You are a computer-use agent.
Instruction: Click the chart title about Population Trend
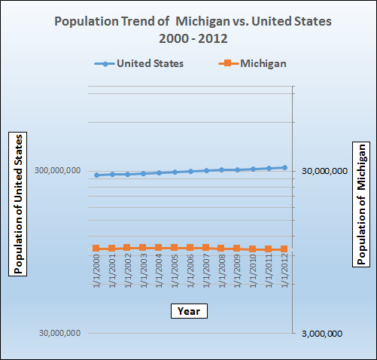(188, 28)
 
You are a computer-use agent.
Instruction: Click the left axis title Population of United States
(20, 204)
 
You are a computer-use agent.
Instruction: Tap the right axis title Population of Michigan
(362, 204)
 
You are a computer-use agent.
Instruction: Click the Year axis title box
(188, 310)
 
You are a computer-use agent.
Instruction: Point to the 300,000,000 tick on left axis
(57, 171)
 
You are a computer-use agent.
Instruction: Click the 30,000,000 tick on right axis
(324, 171)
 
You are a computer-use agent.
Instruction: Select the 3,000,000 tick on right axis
(323, 334)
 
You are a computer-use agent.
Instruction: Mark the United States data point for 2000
(96, 175)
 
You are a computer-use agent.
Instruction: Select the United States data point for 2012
(284, 167)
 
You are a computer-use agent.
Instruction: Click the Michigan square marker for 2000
(96, 249)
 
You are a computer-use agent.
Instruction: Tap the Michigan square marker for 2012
(284, 249)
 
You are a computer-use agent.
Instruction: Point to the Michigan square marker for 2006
(190, 248)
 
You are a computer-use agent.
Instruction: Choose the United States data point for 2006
(190, 171)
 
